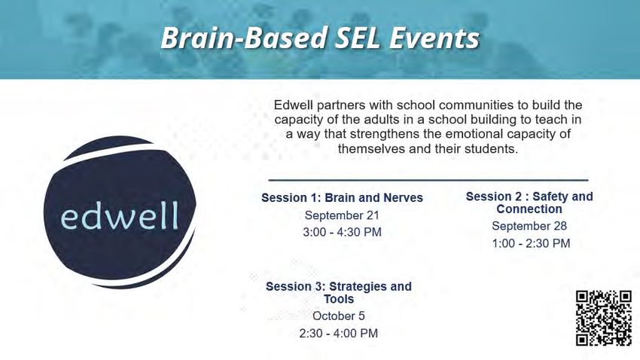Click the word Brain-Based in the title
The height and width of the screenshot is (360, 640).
click(x=244, y=38)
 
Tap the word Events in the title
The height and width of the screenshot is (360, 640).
click(x=434, y=38)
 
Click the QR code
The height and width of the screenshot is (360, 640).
click(x=604, y=318)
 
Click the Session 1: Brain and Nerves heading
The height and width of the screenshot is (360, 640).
click(x=342, y=198)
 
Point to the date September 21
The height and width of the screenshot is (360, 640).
click(x=342, y=215)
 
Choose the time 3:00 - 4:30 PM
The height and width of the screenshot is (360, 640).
click(x=342, y=232)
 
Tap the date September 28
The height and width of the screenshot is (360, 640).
click(x=529, y=226)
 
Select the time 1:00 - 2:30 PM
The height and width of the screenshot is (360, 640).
click(x=531, y=243)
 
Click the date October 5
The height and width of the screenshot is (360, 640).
click(x=339, y=316)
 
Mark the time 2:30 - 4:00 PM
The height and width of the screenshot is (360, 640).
click(x=339, y=334)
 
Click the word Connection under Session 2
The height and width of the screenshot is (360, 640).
click(x=529, y=209)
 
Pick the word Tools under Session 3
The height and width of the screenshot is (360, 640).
click(x=339, y=299)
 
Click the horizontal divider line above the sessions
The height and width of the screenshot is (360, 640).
click(x=428, y=179)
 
